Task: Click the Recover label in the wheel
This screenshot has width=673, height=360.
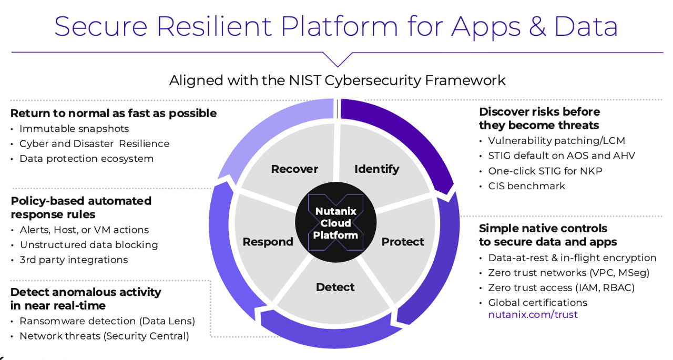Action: pyautogui.click(x=294, y=169)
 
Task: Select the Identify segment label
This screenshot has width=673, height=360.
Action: pyautogui.click(x=376, y=169)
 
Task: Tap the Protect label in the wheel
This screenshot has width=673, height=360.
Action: pyautogui.click(x=403, y=242)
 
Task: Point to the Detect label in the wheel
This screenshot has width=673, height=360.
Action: pyautogui.click(x=335, y=287)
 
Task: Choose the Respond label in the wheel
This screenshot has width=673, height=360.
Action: pyautogui.click(x=268, y=242)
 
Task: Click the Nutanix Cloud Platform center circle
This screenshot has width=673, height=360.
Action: pyautogui.click(x=335, y=223)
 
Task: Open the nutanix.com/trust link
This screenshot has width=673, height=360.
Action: pyautogui.click(x=533, y=315)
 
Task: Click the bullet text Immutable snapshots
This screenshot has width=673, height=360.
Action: pyautogui.click(x=74, y=129)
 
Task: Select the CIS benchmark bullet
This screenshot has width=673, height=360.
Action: pyautogui.click(x=526, y=186)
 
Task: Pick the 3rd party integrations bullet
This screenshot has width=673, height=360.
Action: pyautogui.click(x=74, y=260)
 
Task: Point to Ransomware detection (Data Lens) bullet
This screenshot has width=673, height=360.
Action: pyautogui.click(x=107, y=321)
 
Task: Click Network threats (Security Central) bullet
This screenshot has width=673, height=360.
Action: pyautogui.click(x=104, y=336)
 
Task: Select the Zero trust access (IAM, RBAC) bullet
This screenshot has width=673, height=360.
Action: pyautogui.click(x=562, y=287)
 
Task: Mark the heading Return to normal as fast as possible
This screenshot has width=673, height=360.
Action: pyautogui.click(x=114, y=113)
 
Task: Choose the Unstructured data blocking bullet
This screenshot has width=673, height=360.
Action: pyautogui.click(x=89, y=245)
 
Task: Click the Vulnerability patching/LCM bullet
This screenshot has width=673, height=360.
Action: pyautogui.click(x=556, y=141)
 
